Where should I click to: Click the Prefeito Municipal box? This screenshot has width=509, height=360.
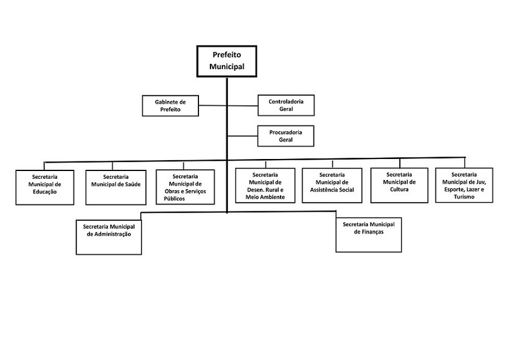pyautogui.click(x=227, y=61)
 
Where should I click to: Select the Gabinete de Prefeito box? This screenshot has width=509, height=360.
pyautogui.click(x=170, y=106)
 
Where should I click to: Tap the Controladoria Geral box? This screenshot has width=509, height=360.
pyautogui.click(x=286, y=105)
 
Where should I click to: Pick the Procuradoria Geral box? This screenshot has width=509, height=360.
pyautogui.click(x=285, y=136)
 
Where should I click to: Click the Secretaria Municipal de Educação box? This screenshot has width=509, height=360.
pyautogui.click(x=45, y=187)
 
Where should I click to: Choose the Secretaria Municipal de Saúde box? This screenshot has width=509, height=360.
pyautogui.click(x=116, y=187)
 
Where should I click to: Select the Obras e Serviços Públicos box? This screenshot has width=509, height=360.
pyautogui.click(x=185, y=187)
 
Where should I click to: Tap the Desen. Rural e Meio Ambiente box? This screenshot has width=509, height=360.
pyautogui.click(x=265, y=185)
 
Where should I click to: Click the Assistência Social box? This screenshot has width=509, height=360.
pyautogui.click(x=332, y=185)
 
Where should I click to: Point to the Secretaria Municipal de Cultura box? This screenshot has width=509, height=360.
pyautogui.click(x=399, y=185)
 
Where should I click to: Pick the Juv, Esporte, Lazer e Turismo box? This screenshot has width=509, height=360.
pyautogui.click(x=464, y=185)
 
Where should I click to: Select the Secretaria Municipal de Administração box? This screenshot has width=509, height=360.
pyautogui.click(x=109, y=237)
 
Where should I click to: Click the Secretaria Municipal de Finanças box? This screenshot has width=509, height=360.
pyautogui.click(x=369, y=235)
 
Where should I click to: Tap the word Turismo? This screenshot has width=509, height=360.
pyautogui.click(x=464, y=197)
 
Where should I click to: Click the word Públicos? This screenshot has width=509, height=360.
pyautogui.click(x=174, y=199)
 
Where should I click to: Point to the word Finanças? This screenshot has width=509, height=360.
pyautogui.click(x=369, y=232)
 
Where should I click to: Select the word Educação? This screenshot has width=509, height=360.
pyautogui.click(x=45, y=192)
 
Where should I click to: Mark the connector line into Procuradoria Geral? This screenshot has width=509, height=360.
pyautogui.click(x=242, y=136)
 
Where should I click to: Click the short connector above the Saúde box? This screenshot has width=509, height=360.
pyautogui.click(x=112, y=166)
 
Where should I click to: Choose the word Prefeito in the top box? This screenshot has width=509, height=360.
pyautogui.click(x=227, y=55)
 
